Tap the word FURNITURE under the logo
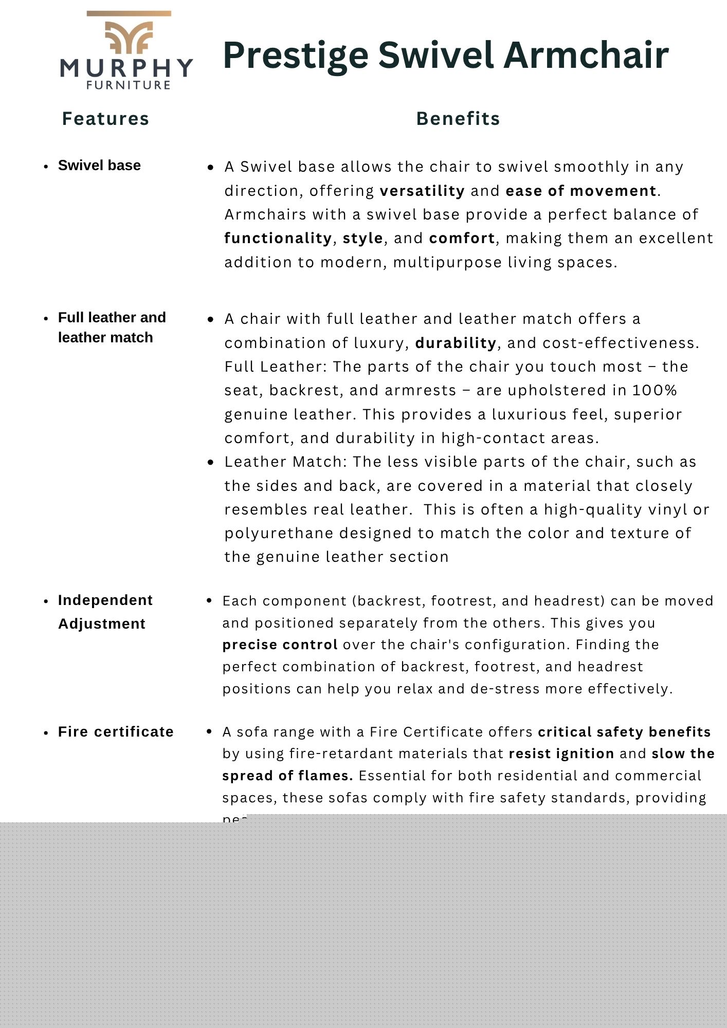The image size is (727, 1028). (129, 85)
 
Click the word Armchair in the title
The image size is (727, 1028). (586, 55)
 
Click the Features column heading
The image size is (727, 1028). (105, 119)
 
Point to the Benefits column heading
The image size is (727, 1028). (458, 119)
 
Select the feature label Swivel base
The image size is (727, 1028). (99, 166)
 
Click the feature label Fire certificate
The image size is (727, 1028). (116, 731)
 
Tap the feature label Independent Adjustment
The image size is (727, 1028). (105, 612)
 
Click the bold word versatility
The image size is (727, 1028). (422, 191)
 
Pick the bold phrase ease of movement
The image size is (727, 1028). (581, 191)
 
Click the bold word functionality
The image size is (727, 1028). (278, 238)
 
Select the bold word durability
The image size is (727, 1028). (456, 343)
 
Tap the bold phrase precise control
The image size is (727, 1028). (280, 645)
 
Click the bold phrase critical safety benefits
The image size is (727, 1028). (624, 731)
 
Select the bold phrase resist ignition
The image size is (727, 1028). (561, 754)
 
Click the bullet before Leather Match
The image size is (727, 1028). (210, 462)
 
